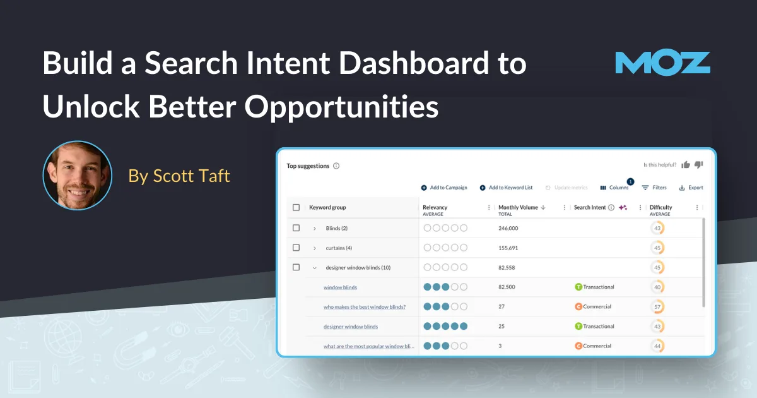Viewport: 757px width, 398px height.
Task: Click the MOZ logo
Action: click(662, 63)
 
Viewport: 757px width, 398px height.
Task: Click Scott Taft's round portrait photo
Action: click(77, 175)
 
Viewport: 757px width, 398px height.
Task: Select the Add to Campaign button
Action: click(444, 188)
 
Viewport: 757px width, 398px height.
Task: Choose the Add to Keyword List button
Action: click(506, 188)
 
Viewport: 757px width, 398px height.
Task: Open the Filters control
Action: click(654, 188)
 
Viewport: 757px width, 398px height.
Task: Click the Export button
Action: click(691, 188)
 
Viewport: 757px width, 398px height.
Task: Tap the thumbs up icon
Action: click(686, 165)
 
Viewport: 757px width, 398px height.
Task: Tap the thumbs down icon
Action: click(699, 165)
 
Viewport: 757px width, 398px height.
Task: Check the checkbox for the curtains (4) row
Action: click(296, 248)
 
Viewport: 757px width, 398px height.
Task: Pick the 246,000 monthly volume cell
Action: click(508, 228)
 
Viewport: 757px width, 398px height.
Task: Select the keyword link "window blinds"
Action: click(340, 287)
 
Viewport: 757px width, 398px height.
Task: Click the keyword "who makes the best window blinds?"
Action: click(365, 307)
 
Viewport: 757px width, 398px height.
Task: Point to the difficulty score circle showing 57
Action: click(657, 307)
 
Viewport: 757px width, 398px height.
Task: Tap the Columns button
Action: click(614, 188)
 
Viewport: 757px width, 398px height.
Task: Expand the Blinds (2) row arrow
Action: click(315, 228)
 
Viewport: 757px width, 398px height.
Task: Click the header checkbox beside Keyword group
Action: click(296, 207)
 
